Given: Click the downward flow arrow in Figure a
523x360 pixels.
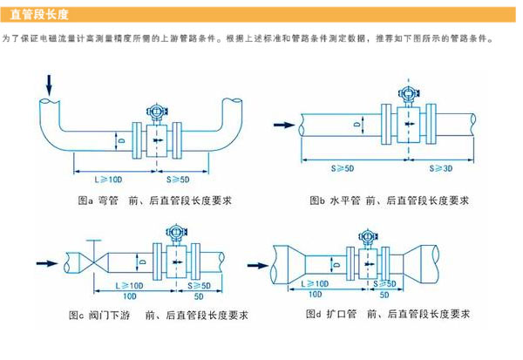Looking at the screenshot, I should [x=48, y=84].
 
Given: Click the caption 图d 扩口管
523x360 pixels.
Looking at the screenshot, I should [x=335, y=314].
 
